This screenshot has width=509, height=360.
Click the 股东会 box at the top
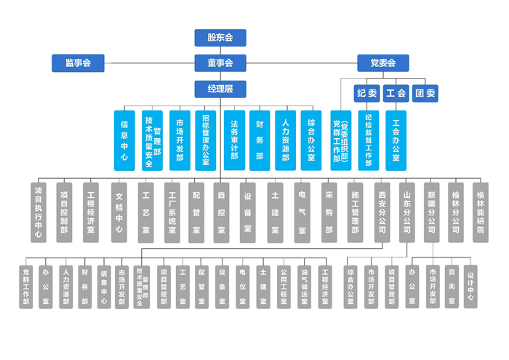pyautogui.click(x=220, y=38)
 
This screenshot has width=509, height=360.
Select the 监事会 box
pyautogui.click(x=78, y=63)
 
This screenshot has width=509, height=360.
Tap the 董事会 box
pyautogui.click(x=220, y=63)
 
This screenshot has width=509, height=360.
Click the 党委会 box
pyautogui.click(x=382, y=63)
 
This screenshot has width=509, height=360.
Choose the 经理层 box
pyautogui.click(x=220, y=89)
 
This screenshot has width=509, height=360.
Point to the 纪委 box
pyautogui.click(x=367, y=93)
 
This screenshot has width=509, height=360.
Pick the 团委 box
pyautogui.click(x=425, y=93)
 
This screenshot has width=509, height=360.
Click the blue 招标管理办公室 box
pyautogui.click(x=207, y=140)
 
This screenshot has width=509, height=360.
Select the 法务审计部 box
pyautogui.click(x=234, y=140)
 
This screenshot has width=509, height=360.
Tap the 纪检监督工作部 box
pyautogui.click(x=369, y=140)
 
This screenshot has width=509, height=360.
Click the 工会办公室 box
pyautogui.click(x=396, y=140)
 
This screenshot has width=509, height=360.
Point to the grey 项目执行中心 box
pyautogui.click(x=39, y=212)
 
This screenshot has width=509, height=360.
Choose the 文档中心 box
pyautogui.click(x=119, y=212)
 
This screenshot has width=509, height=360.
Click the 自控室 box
pyautogui.click(x=221, y=212)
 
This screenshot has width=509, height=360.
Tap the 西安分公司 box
pyautogui.click(x=382, y=212)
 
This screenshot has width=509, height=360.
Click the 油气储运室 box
pyautogui.click(x=304, y=287)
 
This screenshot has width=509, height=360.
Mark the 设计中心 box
pyautogui.click(x=471, y=287)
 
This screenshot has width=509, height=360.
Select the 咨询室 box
pyautogui.click(x=452, y=287)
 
